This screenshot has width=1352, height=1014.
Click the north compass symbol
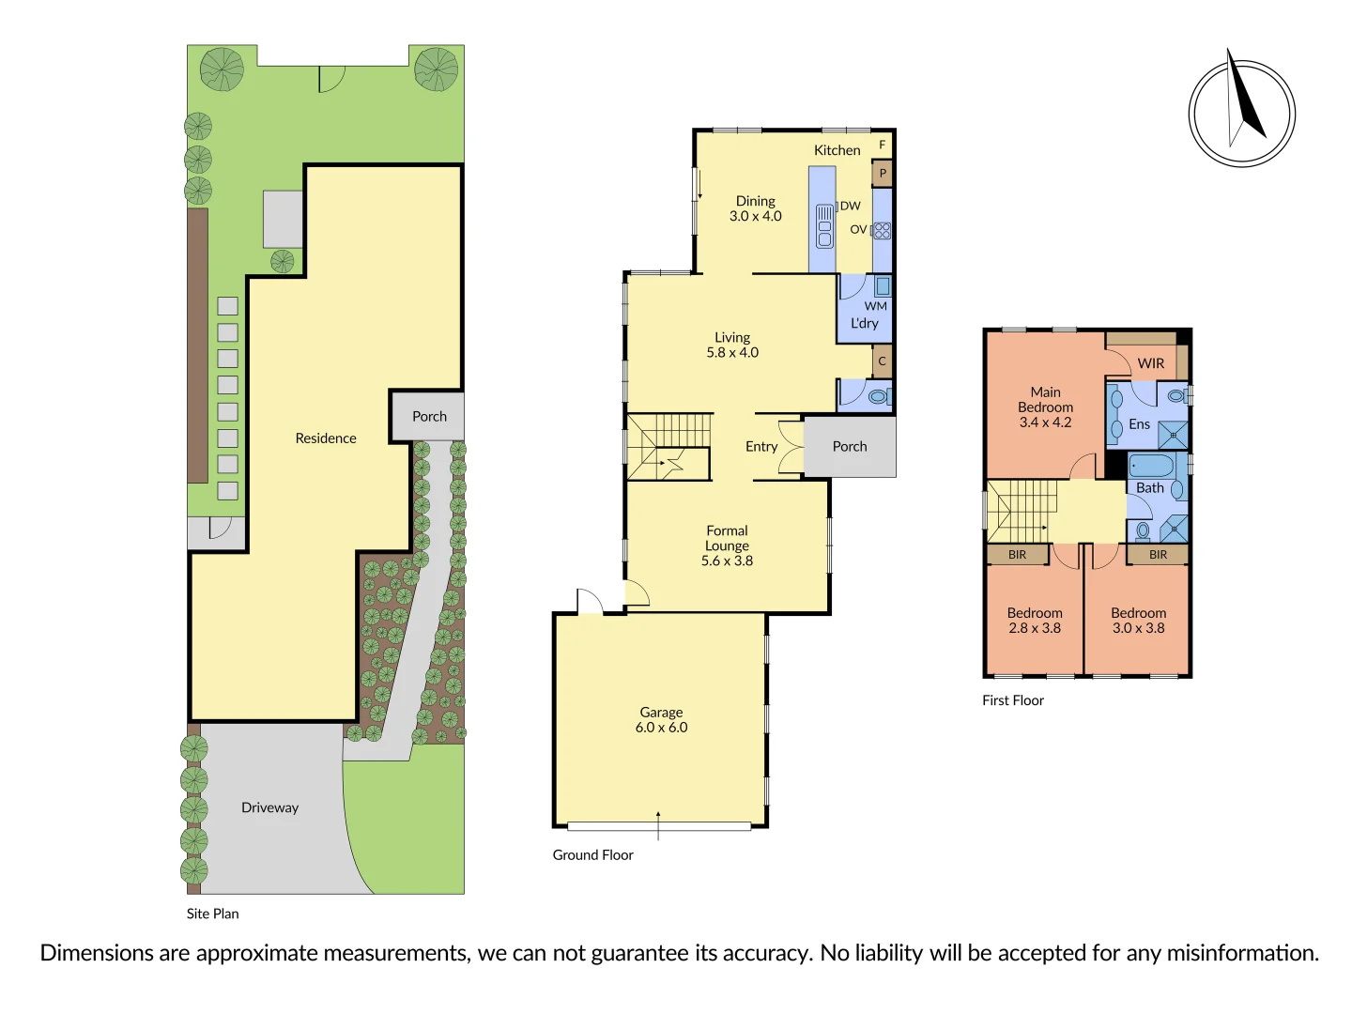(1241, 113)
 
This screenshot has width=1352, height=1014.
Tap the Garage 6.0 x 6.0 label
(661, 720)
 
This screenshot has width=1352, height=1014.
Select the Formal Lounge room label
(727, 545)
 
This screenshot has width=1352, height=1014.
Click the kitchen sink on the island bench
(824, 226)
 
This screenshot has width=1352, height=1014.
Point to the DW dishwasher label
(850, 206)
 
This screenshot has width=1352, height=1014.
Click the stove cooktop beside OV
(882, 230)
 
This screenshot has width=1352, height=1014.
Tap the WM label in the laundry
(875, 306)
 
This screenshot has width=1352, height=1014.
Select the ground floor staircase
(668, 447)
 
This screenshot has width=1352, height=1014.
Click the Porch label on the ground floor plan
(849, 447)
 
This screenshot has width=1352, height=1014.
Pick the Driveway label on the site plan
(269, 807)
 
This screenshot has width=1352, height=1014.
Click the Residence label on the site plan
(325, 438)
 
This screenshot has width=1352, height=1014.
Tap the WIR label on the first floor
(1150, 363)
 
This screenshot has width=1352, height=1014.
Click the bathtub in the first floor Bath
(1150, 466)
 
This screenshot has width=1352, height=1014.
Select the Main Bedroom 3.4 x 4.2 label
(1045, 407)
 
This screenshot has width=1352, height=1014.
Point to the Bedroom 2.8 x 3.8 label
(1035, 621)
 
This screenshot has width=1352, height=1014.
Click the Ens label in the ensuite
(1139, 424)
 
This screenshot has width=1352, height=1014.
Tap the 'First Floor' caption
(1012, 700)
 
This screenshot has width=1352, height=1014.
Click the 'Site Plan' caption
(212, 914)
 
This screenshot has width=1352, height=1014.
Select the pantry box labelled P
(882, 174)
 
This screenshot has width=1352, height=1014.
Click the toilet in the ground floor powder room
(878, 397)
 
